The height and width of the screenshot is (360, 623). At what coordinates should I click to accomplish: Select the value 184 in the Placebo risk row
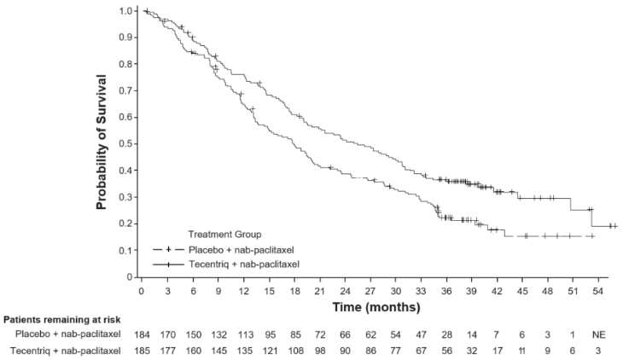click(143, 336)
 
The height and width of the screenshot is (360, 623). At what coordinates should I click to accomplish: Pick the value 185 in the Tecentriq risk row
click(143, 351)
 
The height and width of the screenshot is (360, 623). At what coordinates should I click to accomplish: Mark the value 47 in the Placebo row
click(421, 336)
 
